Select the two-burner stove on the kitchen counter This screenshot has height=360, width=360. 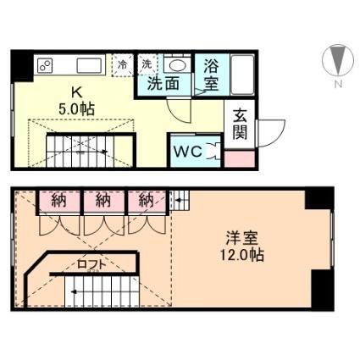tap(45, 65)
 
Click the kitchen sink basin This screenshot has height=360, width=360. tap(87, 65)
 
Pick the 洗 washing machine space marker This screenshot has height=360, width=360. tap(147, 64)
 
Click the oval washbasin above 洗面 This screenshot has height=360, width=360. tap(176, 65)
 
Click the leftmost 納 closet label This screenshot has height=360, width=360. tap(58, 201)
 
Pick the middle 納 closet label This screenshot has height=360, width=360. tap(103, 201)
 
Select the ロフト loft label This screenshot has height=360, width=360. tap(93, 263)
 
